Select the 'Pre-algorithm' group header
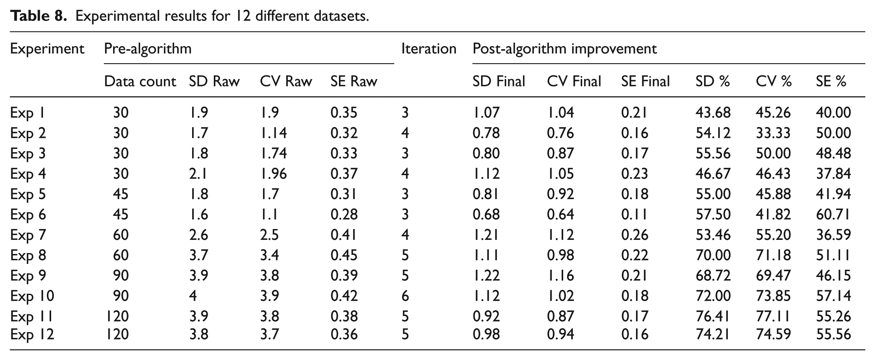148,49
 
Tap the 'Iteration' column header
429,49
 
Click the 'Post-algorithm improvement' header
565,49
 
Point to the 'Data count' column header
140,81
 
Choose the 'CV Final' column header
574,81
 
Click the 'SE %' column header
831,81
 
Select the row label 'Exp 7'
28,235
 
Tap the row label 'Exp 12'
32,334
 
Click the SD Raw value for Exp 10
193,296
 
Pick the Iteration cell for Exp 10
405,296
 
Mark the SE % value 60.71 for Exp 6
833,215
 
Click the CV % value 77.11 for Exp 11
773,317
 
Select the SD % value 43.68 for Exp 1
713,113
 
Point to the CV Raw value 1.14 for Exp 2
273,133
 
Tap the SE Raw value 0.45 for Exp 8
344,255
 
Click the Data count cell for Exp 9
120,276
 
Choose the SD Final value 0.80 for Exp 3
486,153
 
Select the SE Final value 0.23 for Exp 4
634,174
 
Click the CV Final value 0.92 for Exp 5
560,194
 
